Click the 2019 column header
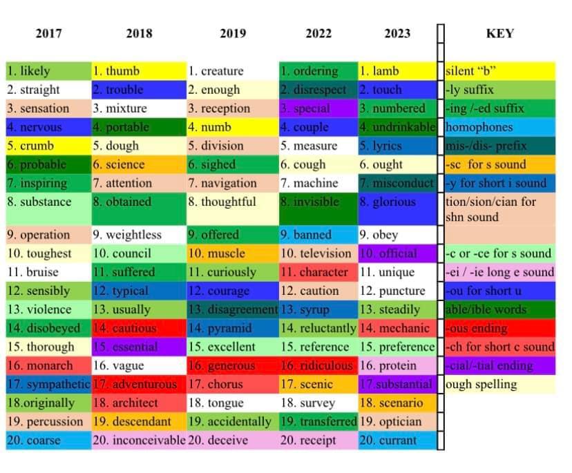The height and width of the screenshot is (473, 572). tap(232, 33)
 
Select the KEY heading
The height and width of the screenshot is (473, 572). tap(499, 33)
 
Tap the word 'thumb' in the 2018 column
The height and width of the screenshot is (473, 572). tap(123, 71)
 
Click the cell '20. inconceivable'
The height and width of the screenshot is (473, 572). tap(139, 441)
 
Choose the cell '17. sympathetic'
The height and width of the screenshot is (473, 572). tap(48, 385)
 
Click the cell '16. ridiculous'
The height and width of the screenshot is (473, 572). tap(318, 366)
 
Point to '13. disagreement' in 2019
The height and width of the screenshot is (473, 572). tap(232, 310)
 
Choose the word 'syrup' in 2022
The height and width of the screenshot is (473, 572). tap(315, 310)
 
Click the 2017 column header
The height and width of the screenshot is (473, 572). tap(48, 33)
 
